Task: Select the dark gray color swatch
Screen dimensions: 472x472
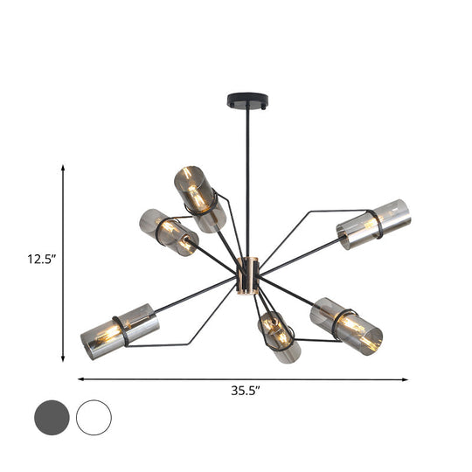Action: [53, 418]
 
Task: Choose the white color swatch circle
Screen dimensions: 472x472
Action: [94, 418]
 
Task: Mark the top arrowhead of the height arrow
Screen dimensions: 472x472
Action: [64, 166]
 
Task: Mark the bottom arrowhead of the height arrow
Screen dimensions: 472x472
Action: [64, 358]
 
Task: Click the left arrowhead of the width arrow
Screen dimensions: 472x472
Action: [82, 378]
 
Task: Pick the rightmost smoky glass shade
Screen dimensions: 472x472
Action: [373, 225]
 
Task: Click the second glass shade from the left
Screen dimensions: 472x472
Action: [169, 233]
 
